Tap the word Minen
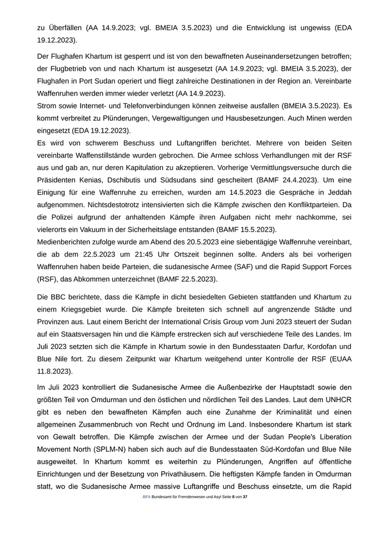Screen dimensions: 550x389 (x=296, y=118)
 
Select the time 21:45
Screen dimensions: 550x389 (x=147, y=255)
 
